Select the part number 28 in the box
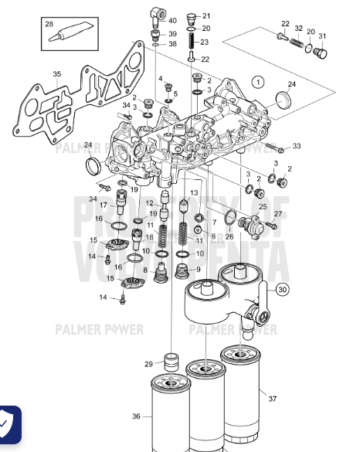click(x=49, y=25)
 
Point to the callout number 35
click(x=56, y=75)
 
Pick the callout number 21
click(x=205, y=15)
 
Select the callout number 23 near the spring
click(x=205, y=42)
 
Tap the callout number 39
click(x=172, y=34)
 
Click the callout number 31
click(x=322, y=36)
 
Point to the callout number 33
click(x=297, y=146)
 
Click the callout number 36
click(x=136, y=416)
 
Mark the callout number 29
click(x=149, y=364)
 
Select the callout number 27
click(x=278, y=214)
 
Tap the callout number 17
click(x=103, y=206)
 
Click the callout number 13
click(x=194, y=192)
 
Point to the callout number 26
click(x=229, y=236)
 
